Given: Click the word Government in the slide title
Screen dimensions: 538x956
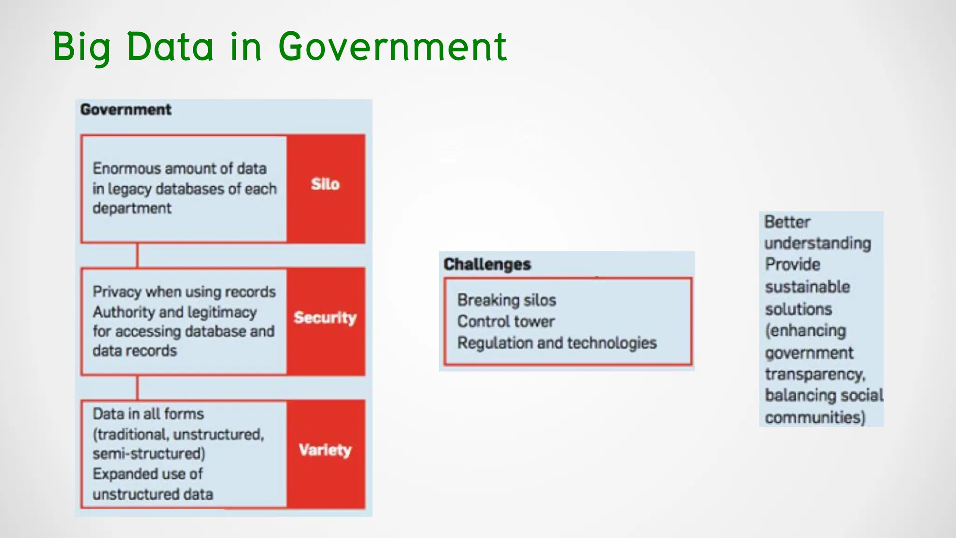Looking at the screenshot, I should point(392,47).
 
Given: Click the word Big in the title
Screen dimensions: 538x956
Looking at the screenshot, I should point(81,48).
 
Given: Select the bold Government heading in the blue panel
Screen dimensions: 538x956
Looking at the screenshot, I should point(126,110).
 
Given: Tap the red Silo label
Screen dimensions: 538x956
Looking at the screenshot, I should point(325,184).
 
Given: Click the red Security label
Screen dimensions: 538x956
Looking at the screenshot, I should point(325,318).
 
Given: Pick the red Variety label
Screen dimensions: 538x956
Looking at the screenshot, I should point(325,450).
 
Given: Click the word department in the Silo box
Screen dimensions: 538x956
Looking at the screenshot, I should point(132,208).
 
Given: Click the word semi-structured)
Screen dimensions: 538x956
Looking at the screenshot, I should point(148,454).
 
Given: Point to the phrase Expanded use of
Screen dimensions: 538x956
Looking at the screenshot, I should point(148,474).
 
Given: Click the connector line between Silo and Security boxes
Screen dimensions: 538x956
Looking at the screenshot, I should point(137,255).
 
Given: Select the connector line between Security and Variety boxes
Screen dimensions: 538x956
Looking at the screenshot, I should point(137,388).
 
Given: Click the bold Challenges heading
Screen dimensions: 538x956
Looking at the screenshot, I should point(487,264).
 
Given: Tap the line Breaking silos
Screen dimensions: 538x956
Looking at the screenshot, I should point(506,300).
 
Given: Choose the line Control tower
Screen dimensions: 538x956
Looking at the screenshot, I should point(506,322).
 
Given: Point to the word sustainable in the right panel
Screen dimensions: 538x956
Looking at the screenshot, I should point(807,287).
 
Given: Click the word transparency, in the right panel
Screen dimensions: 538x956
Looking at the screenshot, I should point(815,375).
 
